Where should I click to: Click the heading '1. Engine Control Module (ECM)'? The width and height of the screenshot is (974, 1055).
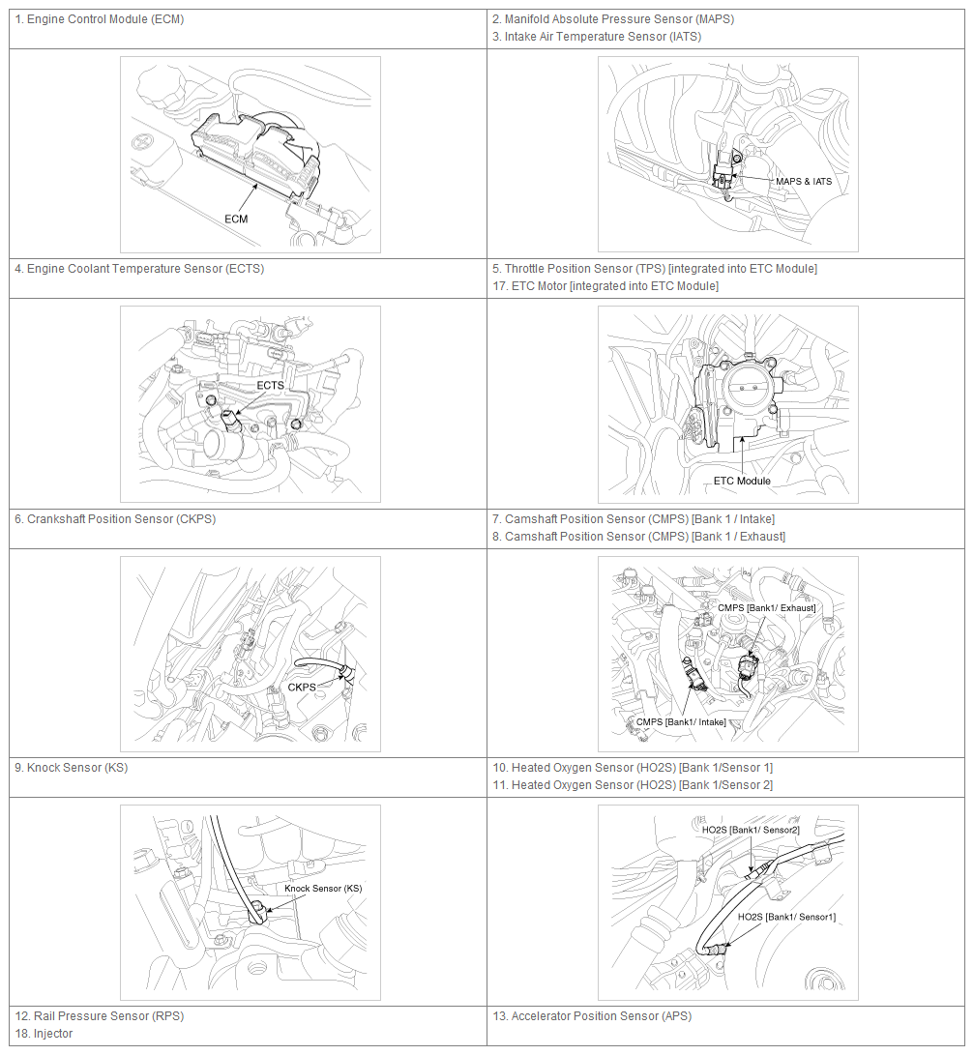(99, 19)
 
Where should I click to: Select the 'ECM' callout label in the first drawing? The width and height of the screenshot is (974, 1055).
(236, 219)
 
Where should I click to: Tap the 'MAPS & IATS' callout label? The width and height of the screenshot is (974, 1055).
(804, 182)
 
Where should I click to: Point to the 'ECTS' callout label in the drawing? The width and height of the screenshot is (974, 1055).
(270, 386)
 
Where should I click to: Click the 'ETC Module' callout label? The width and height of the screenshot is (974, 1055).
(742, 481)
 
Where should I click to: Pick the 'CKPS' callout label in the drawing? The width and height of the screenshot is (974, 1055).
(302, 687)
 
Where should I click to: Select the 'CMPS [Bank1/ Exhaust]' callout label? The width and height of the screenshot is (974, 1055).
(767, 608)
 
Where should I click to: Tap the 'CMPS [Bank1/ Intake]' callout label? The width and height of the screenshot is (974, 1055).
(681, 722)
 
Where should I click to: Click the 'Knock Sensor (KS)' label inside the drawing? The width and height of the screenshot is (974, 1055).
(323, 888)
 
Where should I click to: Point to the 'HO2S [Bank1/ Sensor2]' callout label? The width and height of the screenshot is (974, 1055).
(751, 831)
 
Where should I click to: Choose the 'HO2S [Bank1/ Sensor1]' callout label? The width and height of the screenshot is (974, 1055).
(787, 917)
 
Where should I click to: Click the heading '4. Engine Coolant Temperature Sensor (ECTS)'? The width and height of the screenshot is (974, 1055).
(139, 269)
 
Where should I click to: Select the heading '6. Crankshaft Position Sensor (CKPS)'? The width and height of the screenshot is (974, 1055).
(115, 519)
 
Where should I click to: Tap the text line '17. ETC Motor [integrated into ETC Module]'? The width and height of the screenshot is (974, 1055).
(605, 286)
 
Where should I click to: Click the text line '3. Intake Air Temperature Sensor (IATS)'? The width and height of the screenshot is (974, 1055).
(597, 37)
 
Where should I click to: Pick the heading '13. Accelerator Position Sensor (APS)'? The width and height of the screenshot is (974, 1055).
(592, 1016)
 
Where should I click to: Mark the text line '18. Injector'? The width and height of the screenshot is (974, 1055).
(44, 1034)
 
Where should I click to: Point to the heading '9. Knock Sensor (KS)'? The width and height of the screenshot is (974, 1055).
(72, 768)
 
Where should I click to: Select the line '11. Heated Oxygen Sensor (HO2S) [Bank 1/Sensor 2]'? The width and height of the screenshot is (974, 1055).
(633, 785)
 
